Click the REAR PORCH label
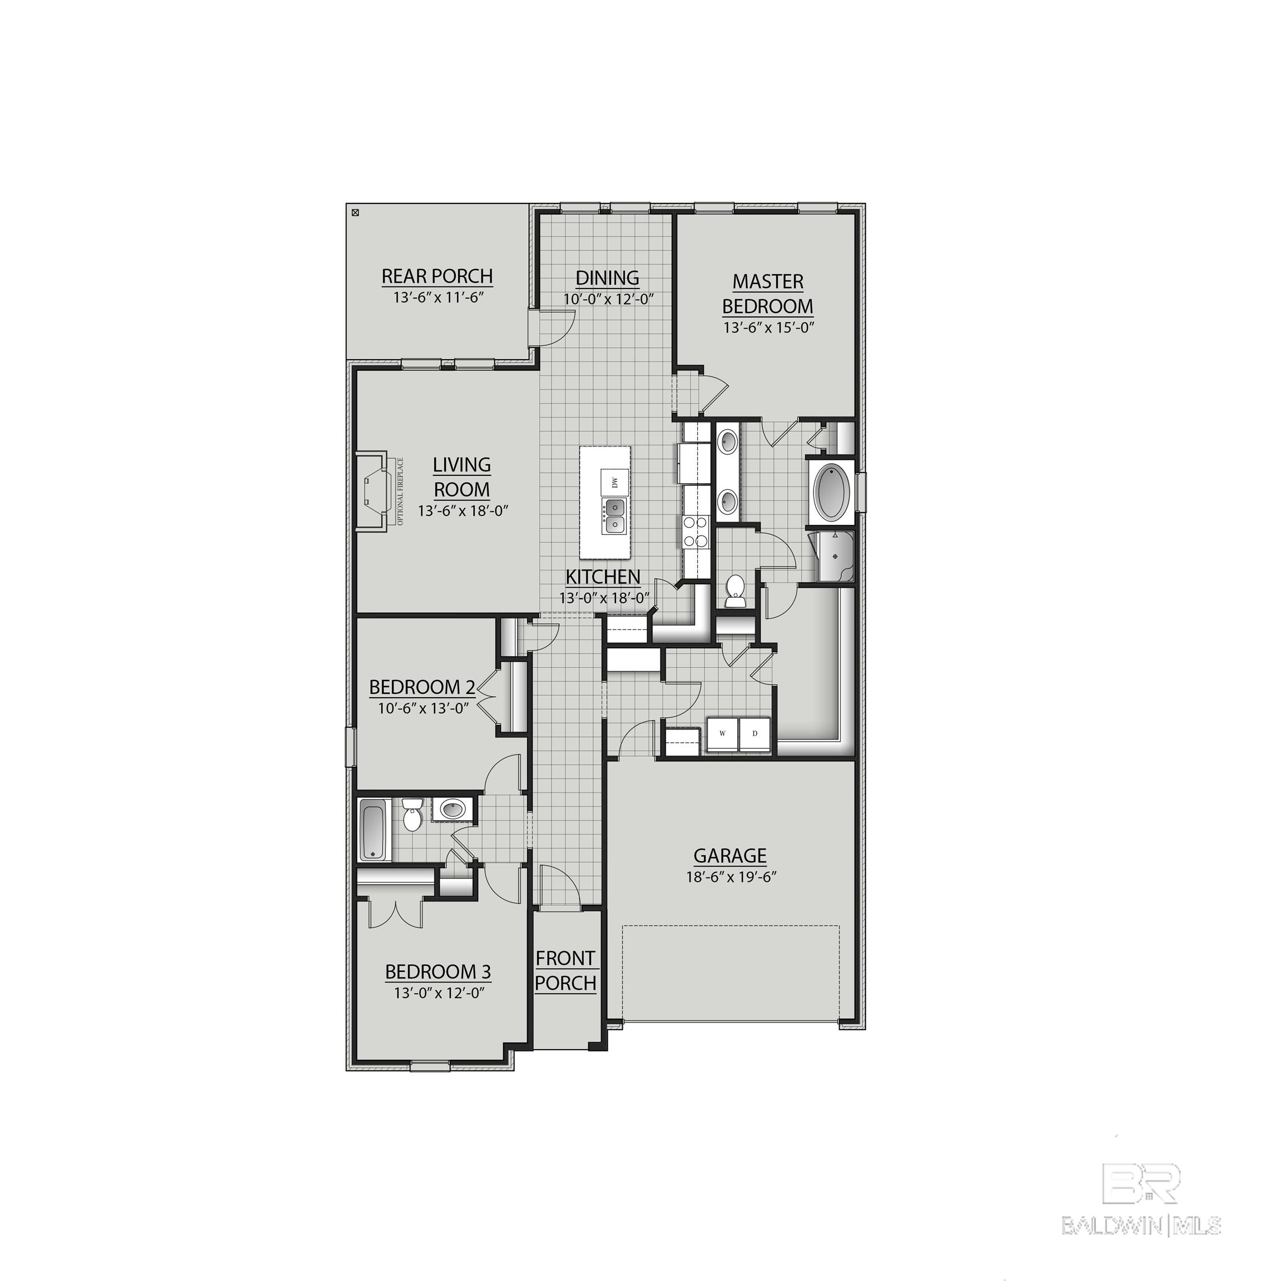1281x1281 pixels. tap(437, 276)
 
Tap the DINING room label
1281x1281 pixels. tap(607, 278)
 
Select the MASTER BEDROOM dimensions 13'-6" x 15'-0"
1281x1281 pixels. tap(768, 327)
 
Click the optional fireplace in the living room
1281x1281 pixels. tap(373, 491)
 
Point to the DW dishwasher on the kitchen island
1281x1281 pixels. tap(614, 481)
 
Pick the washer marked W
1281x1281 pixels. tap(722, 734)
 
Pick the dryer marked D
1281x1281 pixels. tap(754, 734)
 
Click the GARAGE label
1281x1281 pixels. tap(730, 855)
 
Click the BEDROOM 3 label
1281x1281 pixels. tap(438, 972)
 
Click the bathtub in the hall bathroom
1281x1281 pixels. tap(373, 830)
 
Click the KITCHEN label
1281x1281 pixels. tap(603, 577)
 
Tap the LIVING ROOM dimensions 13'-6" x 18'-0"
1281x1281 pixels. tap(463, 511)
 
